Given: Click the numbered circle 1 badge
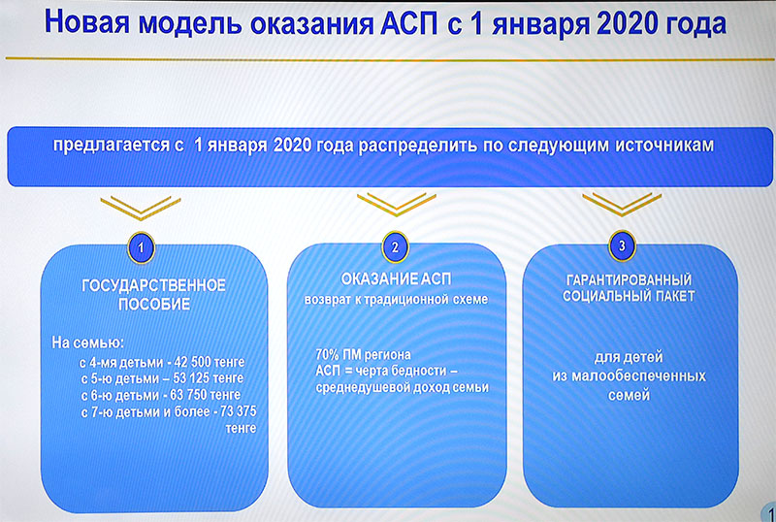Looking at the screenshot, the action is pyautogui.click(x=141, y=247).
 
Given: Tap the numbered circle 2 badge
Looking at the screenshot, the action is pyautogui.click(x=395, y=246).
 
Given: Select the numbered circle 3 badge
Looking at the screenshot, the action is pyautogui.click(x=622, y=245).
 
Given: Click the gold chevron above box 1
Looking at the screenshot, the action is pyautogui.click(x=141, y=208).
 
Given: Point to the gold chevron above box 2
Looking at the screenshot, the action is pyautogui.click(x=397, y=205).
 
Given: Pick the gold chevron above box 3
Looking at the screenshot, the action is pyautogui.click(x=622, y=205).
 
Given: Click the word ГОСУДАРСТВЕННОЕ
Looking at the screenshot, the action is pyautogui.click(x=153, y=286).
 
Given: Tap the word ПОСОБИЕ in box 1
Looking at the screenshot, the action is pyautogui.click(x=154, y=304).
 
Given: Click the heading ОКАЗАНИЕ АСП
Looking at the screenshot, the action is pyautogui.click(x=397, y=279).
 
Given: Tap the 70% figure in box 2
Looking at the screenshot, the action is pyautogui.click(x=327, y=354).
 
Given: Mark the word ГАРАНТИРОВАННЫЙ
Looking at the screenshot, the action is pyautogui.click(x=629, y=279).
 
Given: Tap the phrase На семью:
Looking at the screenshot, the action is pyautogui.click(x=88, y=343).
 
